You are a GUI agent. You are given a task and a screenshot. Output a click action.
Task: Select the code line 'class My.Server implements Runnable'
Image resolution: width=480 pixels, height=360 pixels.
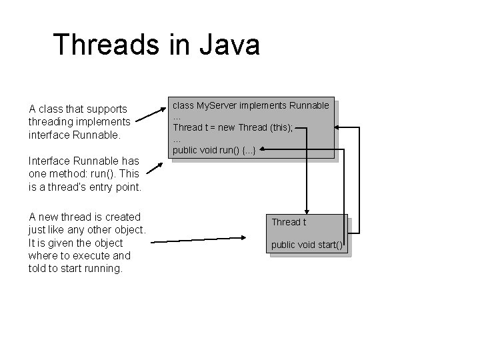(251, 105)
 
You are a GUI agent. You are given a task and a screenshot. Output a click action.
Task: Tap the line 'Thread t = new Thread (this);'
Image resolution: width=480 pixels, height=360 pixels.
(233, 127)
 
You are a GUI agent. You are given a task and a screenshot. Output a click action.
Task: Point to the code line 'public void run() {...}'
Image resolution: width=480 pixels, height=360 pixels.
(214, 149)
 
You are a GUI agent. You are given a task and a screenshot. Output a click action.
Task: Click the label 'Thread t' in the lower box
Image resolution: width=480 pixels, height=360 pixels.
(288, 221)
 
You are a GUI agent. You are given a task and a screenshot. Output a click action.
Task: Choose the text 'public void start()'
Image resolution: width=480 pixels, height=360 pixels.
(307, 245)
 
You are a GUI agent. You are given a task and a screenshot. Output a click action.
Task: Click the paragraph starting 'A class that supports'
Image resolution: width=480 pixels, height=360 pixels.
(79, 121)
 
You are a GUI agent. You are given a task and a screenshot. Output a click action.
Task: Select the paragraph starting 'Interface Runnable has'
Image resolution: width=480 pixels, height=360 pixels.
(84, 174)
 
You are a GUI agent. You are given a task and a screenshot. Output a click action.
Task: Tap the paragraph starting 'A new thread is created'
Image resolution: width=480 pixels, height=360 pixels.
(87, 243)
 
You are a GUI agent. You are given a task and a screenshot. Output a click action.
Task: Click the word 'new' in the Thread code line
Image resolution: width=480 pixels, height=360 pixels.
(225, 127)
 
